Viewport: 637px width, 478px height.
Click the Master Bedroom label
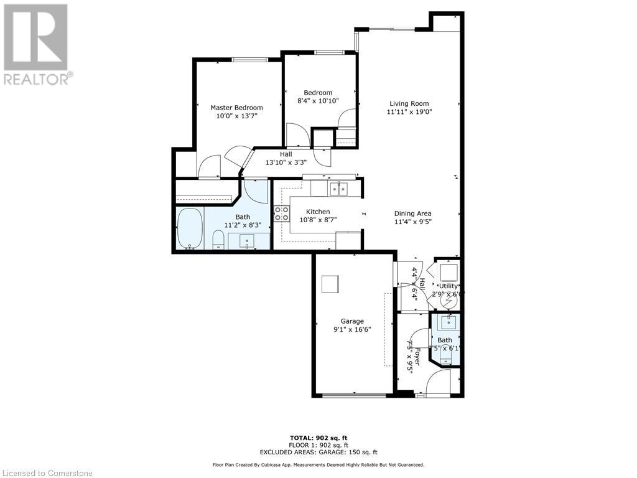pos(236,108)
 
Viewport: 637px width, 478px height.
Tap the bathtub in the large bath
pos(190,228)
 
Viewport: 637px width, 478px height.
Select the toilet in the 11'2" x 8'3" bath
pos(218,239)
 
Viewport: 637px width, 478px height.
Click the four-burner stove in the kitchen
pos(282,214)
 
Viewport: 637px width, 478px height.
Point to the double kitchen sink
pos(338,187)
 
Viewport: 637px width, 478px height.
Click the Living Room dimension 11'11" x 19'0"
pos(409,113)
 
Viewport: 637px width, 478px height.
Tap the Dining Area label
pos(412,213)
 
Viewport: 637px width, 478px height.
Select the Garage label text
pos(352,321)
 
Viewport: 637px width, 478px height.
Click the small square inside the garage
pos(330,284)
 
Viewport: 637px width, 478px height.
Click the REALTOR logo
pos(37,44)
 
